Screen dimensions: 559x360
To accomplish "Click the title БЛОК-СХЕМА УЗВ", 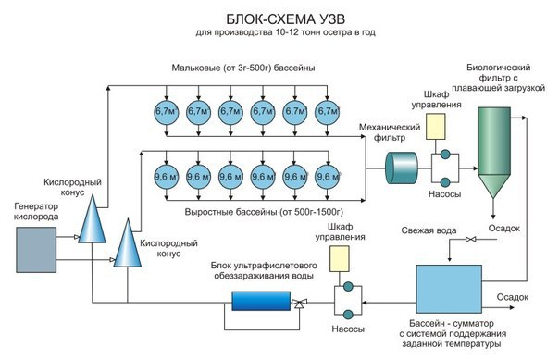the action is point(285,19).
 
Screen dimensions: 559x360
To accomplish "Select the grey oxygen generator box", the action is point(36,250).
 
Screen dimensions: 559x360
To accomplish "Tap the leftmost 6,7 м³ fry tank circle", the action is point(167,112).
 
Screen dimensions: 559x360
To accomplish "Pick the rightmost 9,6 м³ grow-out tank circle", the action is point(328,177).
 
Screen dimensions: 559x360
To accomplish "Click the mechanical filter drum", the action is point(402,168).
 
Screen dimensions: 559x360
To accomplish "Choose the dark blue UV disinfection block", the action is point(261,301).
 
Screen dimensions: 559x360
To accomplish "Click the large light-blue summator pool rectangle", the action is point(449,289).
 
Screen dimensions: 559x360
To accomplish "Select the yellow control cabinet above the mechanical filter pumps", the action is point(435,127).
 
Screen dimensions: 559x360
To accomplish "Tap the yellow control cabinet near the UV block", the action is point(339,259).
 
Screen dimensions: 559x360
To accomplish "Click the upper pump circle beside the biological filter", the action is point(445,154).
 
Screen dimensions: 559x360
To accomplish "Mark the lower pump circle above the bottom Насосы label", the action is point(348,315).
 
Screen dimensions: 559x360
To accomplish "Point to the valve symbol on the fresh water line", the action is point(471,239).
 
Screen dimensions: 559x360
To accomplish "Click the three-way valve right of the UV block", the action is point(300,304).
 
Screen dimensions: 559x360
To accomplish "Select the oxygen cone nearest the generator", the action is point(92,218).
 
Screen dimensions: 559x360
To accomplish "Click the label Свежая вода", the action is point(429,230).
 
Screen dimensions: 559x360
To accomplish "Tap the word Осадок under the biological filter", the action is point(503,229).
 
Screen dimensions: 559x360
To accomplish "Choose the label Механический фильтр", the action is point(390,132).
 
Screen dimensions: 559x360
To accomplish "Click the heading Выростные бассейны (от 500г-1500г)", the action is point(264,212).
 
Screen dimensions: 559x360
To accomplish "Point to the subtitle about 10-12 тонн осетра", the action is point(285,32).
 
